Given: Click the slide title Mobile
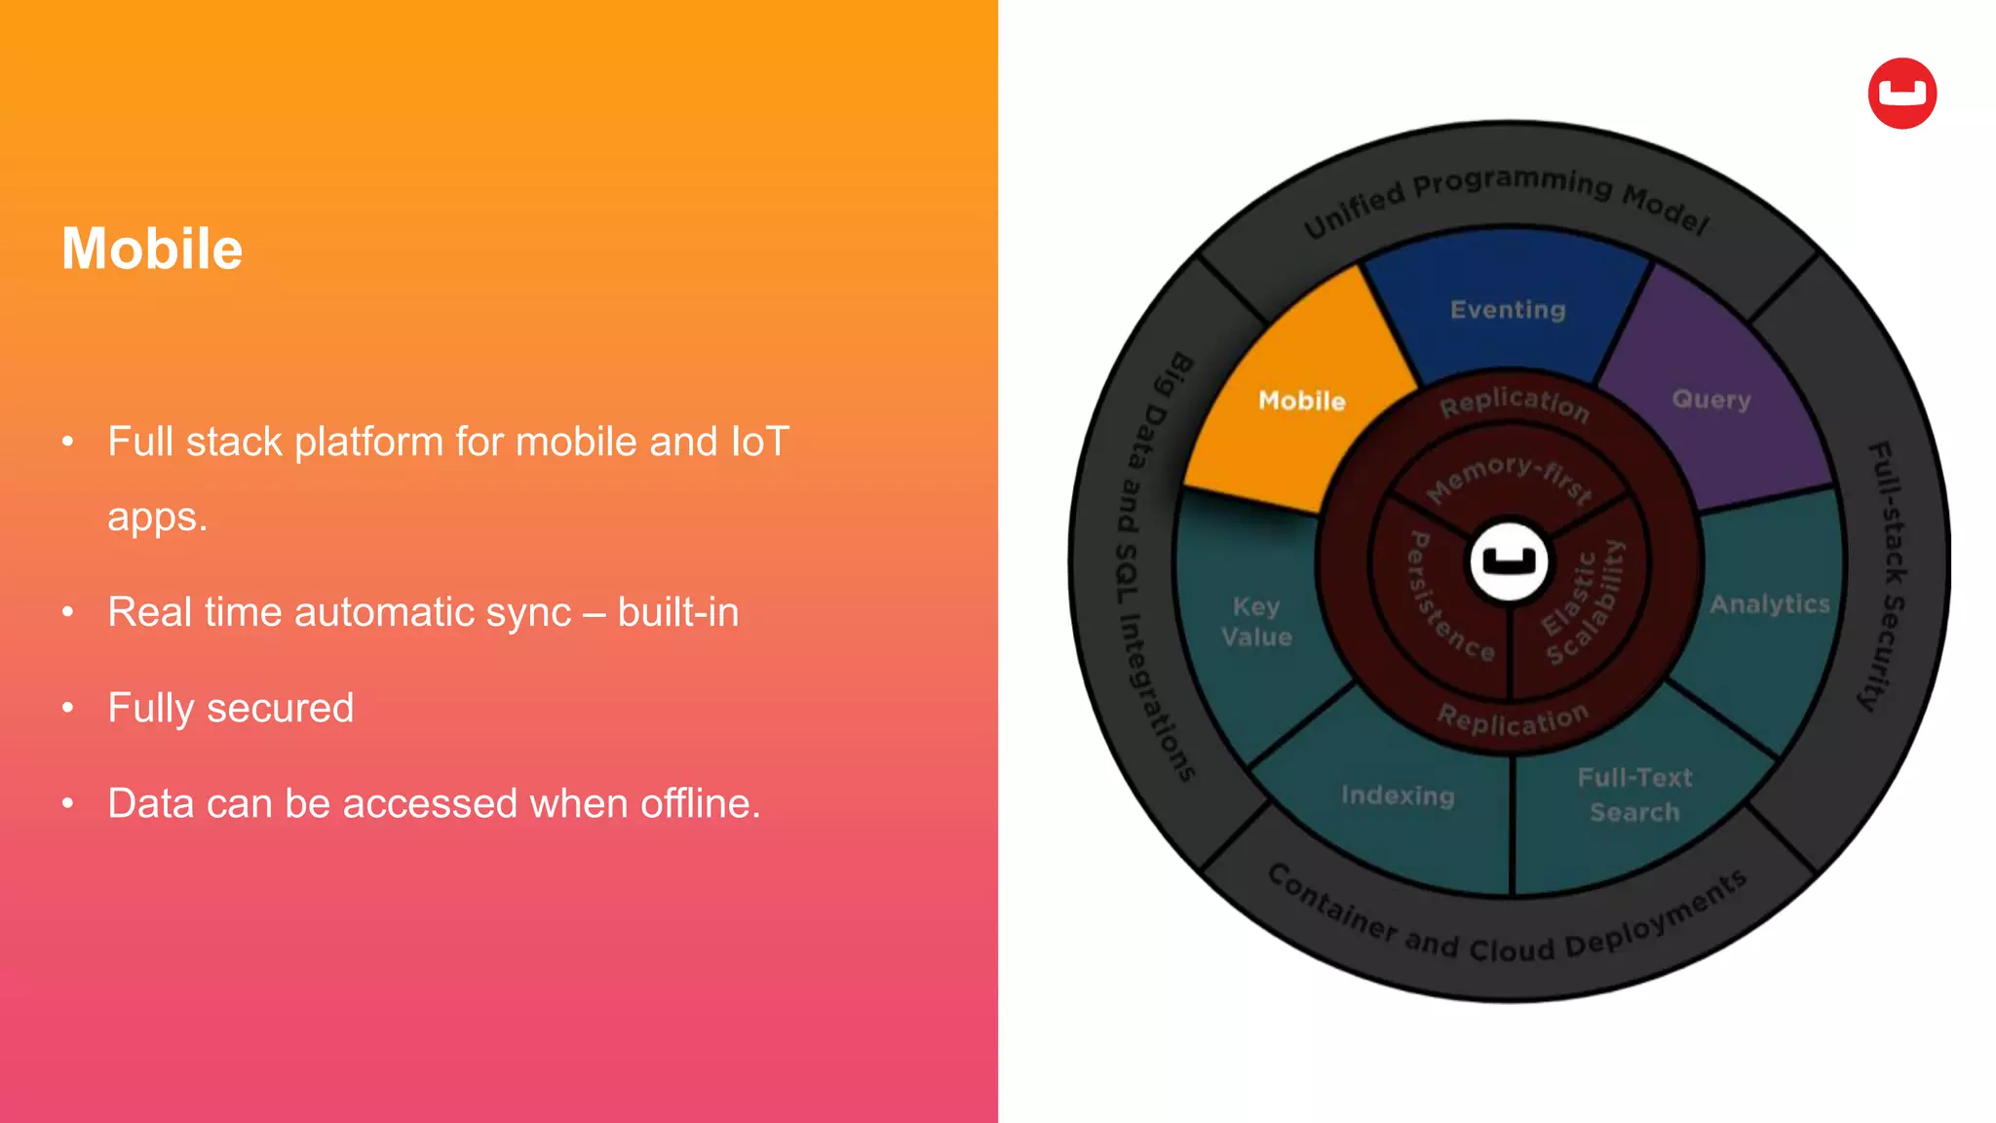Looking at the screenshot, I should (x=152, y=249).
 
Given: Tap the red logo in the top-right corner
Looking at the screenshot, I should (x=1901, y=94).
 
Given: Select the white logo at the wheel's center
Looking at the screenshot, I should (x=1509, y=561).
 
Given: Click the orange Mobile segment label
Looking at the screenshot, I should (x=1301, y=401).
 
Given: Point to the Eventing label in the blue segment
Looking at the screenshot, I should (x=1508, y=310).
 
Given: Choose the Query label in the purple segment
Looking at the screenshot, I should (x=1711, y=399).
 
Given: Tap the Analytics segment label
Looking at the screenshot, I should (x=1770, y=604).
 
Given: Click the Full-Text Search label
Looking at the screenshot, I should (x=1634, y=794).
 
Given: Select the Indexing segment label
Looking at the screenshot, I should (x=1398, y=795).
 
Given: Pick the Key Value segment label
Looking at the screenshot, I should (x=1256, y=622).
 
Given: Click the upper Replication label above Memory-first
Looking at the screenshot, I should (x=1515, y=402).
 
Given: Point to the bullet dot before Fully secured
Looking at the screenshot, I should (x=68, y=708).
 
